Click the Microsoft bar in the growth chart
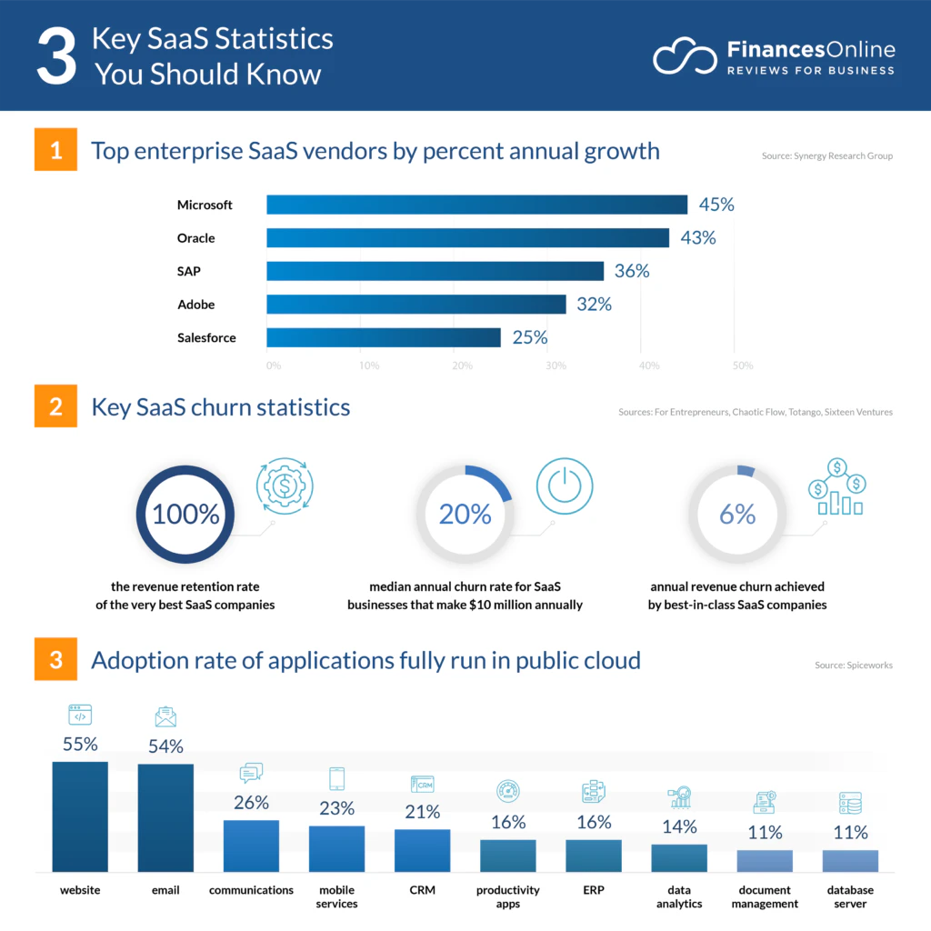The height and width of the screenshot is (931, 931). tap(476, 205)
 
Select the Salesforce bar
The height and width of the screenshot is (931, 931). tap(384, 337)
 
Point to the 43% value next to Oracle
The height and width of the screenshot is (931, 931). tap(698, 237)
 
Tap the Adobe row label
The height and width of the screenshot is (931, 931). tap(196, 305)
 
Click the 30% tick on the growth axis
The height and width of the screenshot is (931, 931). tap(556, 365)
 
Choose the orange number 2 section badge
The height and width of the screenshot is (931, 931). tap(55, 406)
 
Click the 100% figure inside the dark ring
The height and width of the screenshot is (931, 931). tap(185, 515)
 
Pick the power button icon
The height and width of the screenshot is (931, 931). tap(565, 486)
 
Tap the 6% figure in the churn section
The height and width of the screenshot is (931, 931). tap(737, 515)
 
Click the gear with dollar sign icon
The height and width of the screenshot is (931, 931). tap(285, 486)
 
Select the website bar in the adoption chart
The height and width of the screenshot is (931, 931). tap(80, 816)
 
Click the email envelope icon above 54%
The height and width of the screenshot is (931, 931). tap(165, 716)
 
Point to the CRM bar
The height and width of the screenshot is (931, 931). tap(422, 850)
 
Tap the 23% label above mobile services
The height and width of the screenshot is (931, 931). tap(336, 808)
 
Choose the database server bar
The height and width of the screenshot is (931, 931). tap(850, 861)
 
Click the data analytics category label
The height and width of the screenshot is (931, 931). tap(679, 896)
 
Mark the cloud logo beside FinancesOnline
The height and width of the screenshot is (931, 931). tap(685, 56)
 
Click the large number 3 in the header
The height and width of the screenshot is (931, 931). tap(56, 57)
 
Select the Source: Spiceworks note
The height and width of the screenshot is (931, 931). tap(853, 665)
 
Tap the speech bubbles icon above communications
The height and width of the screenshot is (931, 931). tap(251, 773)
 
